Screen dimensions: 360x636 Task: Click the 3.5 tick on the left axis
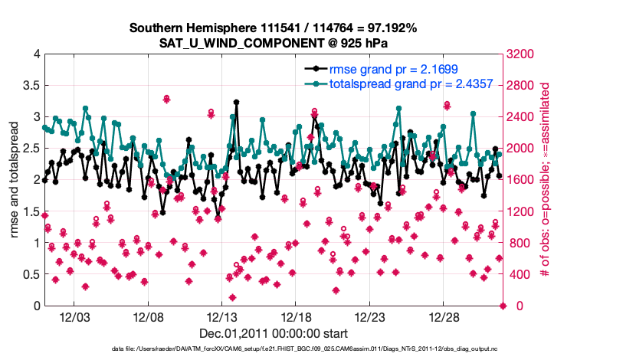tap(30, 85)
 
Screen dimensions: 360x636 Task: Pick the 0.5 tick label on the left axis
tap(30, 274)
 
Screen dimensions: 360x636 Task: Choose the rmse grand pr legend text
tap(393, 69)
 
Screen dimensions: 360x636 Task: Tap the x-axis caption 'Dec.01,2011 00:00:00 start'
tap(274, 333)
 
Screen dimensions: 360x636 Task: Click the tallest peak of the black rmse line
tap(237, 101)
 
